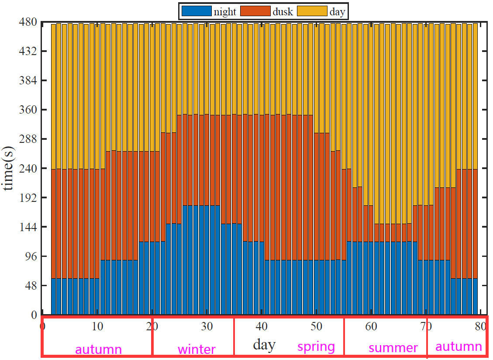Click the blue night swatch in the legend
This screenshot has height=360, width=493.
(x=197, y=11)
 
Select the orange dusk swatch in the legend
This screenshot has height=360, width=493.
(x=255, y=11)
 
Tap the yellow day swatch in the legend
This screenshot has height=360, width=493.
(x=312, y=11)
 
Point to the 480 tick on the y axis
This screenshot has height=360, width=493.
(x=28, y=22)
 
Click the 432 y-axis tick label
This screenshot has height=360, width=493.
(x=28, y=51)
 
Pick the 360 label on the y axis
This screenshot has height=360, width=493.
(x=28, y=110)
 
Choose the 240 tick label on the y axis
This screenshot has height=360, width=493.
(x=28, y=168)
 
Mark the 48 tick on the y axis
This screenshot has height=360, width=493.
(x=31, y=286)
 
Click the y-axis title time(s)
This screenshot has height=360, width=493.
(x=8, y=168)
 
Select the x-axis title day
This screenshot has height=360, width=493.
(x=264, y=345)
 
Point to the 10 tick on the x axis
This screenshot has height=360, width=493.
(x=97, y=327)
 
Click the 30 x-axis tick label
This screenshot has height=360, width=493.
(x=207, y=327)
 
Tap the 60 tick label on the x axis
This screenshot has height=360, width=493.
(x=371, y=327)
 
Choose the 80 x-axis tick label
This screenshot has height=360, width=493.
(x=480, y=327)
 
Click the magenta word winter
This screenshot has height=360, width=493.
(x=197, y=350)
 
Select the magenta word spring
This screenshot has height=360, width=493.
(x=316, y=347)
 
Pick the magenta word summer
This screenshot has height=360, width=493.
(x=393, y=348)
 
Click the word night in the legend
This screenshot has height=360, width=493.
(x=225, y=12)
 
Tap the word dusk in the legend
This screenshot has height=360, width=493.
(x=283, y=11)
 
